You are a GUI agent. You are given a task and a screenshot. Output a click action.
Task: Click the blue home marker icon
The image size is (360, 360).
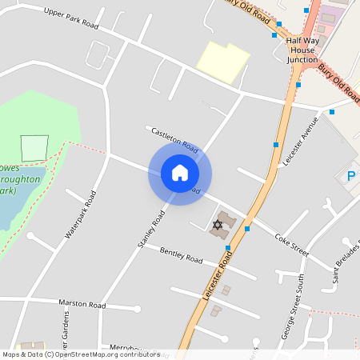179,173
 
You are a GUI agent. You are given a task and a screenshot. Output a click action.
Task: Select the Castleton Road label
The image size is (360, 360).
174,141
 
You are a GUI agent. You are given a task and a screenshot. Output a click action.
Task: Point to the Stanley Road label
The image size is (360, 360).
150,228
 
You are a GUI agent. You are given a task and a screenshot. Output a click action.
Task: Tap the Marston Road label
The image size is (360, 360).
82,305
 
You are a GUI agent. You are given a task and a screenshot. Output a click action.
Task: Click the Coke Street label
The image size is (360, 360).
291,243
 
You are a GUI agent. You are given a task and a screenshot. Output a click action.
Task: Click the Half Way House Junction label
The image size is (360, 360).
302,50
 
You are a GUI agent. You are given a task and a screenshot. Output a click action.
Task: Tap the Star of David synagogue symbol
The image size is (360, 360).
217,225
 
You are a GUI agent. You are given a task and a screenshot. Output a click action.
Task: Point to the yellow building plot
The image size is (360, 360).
222,61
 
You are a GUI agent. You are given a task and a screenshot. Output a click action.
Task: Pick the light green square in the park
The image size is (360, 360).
34,148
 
